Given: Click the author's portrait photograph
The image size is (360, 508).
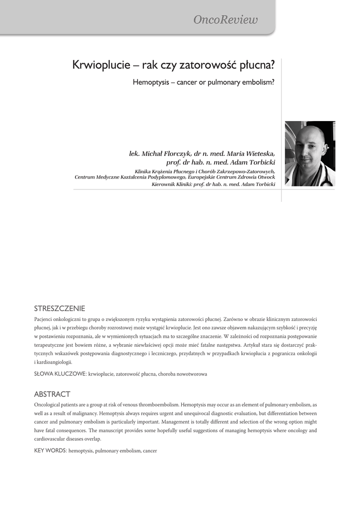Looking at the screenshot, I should (x=310, y=154).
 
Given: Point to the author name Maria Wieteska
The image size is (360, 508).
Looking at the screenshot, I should (x=251, y=154).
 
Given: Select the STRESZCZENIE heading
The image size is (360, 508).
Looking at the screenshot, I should (x=59, y=308).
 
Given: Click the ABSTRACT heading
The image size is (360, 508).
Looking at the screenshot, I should (x=52, y=394).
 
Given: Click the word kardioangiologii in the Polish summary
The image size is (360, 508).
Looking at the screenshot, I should (x=54, y=362).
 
